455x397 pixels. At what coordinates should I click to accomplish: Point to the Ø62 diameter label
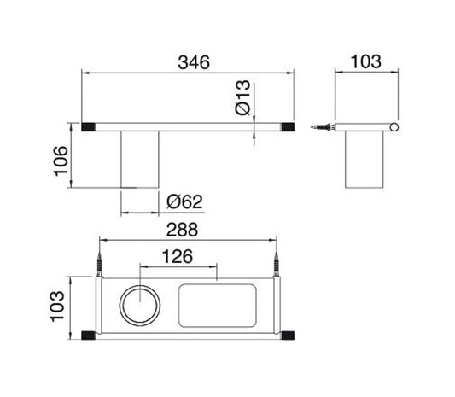point(184,202)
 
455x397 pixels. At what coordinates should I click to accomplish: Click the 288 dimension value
point(183,229)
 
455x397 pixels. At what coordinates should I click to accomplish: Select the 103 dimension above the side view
point(366,62)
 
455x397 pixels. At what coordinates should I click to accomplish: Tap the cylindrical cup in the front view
point(142,160)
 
